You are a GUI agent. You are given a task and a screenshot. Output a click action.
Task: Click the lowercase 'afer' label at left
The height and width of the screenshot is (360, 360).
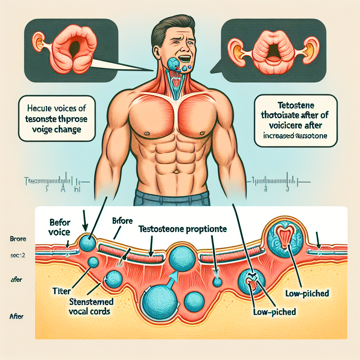(x=15, y=281)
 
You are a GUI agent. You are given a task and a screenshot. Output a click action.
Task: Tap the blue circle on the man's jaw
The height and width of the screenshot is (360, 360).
(x=173, y=64)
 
